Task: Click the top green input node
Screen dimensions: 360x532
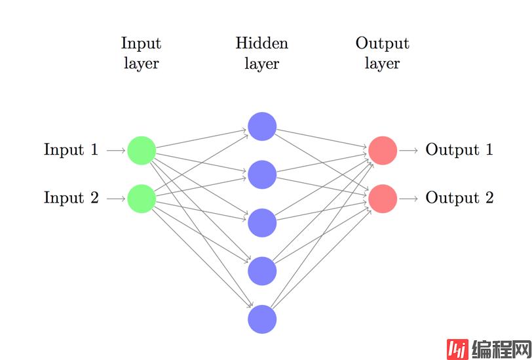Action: [142, 150]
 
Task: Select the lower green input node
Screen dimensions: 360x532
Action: [142, 198]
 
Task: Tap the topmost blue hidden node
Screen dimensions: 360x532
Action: [262, 127]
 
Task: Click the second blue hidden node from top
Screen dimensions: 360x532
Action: [262, 174]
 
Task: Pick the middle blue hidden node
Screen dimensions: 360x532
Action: [262, 222]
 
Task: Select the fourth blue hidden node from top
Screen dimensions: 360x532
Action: [262, 271]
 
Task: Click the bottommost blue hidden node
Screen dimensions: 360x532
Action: [262, 319]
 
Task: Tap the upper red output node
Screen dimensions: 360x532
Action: [383, 150]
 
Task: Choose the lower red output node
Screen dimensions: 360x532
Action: [383, 198]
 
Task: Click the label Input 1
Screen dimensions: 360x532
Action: [71, 150]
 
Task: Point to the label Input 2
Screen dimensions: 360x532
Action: [71, 198]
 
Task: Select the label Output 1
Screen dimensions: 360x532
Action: [459, 150]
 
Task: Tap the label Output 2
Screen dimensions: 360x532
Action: [459, 198]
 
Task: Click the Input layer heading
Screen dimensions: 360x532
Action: [141, 53]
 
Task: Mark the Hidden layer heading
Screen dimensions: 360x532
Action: [262, 53]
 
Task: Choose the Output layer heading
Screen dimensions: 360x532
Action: [383, 53]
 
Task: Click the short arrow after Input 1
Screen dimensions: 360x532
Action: [116, 150]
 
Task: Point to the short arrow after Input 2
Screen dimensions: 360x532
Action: [116, 198]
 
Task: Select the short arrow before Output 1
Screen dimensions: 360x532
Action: [408, 150]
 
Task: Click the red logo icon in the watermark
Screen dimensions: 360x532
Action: [457, 350]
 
